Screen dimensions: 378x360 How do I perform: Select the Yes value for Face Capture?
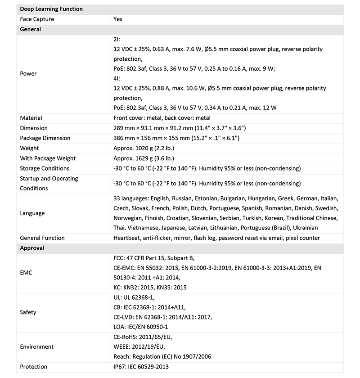pos(118,19)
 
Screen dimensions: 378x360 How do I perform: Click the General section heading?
pos(31,29)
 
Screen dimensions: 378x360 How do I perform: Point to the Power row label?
pos(28,73)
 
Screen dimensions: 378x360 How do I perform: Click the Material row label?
pos(31,118)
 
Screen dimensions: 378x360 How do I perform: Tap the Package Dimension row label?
pos(45,138)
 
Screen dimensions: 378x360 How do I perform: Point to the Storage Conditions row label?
pos(45,168)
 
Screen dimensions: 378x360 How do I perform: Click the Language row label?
pos(32,213)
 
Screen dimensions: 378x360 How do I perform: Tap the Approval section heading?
pos(32,248)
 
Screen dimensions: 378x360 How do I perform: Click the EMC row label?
pos(27,273)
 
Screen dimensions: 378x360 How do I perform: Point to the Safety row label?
pos(28,312)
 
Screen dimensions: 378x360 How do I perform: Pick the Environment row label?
pos(36,347)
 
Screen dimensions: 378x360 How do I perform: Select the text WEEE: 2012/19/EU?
pos(139,347)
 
